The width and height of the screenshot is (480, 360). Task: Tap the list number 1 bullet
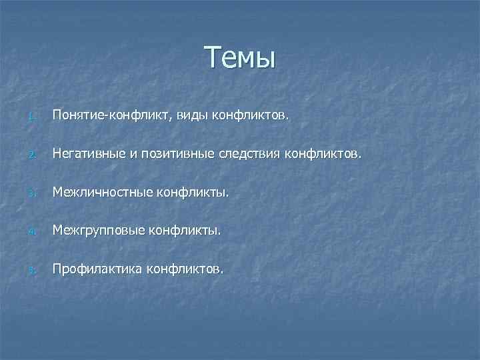click(x=31, y=118)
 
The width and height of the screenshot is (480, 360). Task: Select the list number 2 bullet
click(x=31, y=157)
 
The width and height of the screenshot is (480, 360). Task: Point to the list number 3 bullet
click(x=31, y=195)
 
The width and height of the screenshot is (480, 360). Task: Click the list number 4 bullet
click(x=31, y=233)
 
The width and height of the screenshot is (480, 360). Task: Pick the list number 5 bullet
click(x=31, y=271)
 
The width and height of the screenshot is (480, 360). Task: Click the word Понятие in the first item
click(x=80, y=117)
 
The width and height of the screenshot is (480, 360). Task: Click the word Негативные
click(x=90, y=155)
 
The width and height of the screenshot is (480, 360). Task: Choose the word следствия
click(x=251, y=155)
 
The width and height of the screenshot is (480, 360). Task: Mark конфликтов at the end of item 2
click(x=323, y=155)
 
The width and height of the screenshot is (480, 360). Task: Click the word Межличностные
click(x=103, y=193)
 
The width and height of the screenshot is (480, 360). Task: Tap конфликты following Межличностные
click(x=193, y=193)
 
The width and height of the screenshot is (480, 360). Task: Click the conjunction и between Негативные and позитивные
click(x=133, y=155)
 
